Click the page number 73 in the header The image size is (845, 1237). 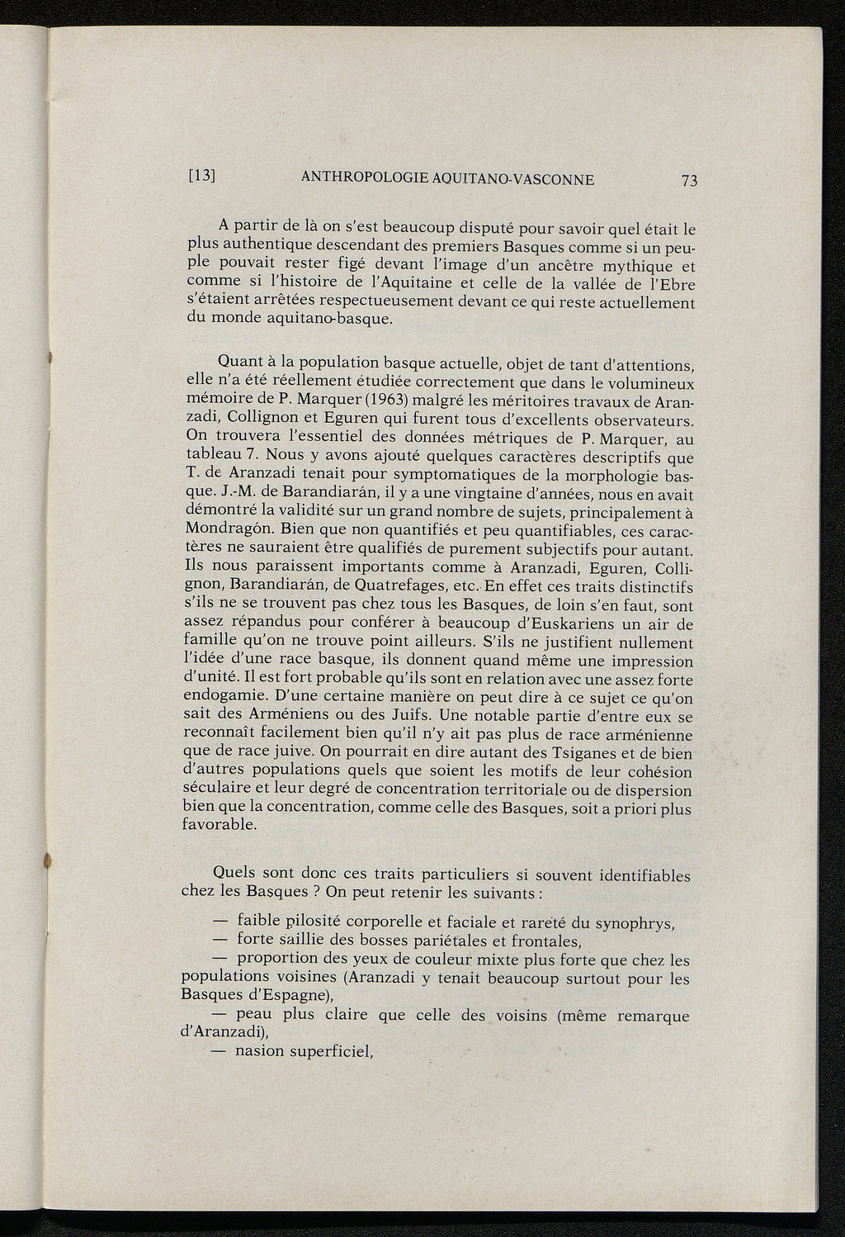689,181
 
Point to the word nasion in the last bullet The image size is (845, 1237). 261,1051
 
